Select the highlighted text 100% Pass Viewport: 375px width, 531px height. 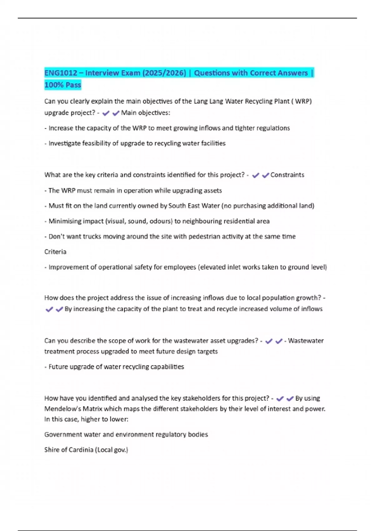pyautogui.click(x=63, y=85)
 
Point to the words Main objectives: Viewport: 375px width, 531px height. pyautogui.click(x=146, y=113)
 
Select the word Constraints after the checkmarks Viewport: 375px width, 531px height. pyautogui.click(x=287, y=175)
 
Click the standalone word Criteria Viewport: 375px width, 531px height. pyautogui.click(x=55, y=252)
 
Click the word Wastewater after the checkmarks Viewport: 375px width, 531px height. pyautogui.click(x=306, y=341)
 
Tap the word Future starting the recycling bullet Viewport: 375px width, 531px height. pyautogui.click(x=58, y=367)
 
